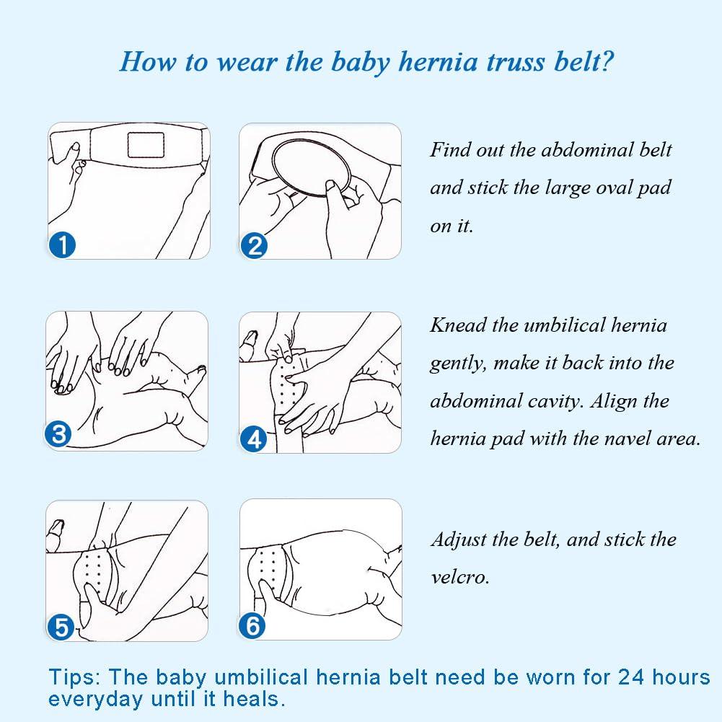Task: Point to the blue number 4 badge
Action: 253,438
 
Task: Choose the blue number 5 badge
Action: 62,625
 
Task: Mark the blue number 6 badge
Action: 252,625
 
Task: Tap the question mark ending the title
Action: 607,62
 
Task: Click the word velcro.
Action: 460,578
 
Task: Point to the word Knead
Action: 458,325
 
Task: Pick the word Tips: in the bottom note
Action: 74,677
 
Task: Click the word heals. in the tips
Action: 255,699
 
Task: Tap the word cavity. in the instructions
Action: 555,401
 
